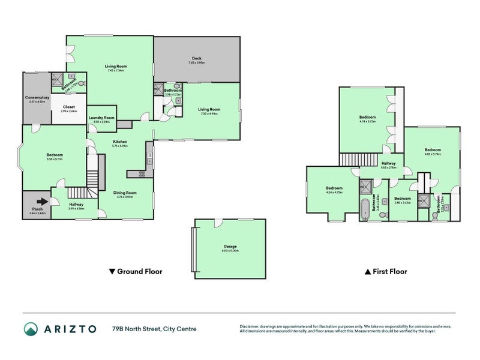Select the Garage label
pos(230,247)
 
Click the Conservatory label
pos(37,97)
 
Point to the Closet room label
pos(68,107)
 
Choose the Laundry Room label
pos(101,118)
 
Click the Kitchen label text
pos(120,142)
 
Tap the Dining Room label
pos(125,192)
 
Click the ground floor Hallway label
pos(76,204)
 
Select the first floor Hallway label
pos(388,163)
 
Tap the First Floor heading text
pos(390,271)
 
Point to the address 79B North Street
pos(153,328)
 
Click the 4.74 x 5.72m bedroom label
pos(367,117)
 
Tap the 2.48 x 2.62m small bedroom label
pos(402,199)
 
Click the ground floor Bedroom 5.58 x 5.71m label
pos(55,155)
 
